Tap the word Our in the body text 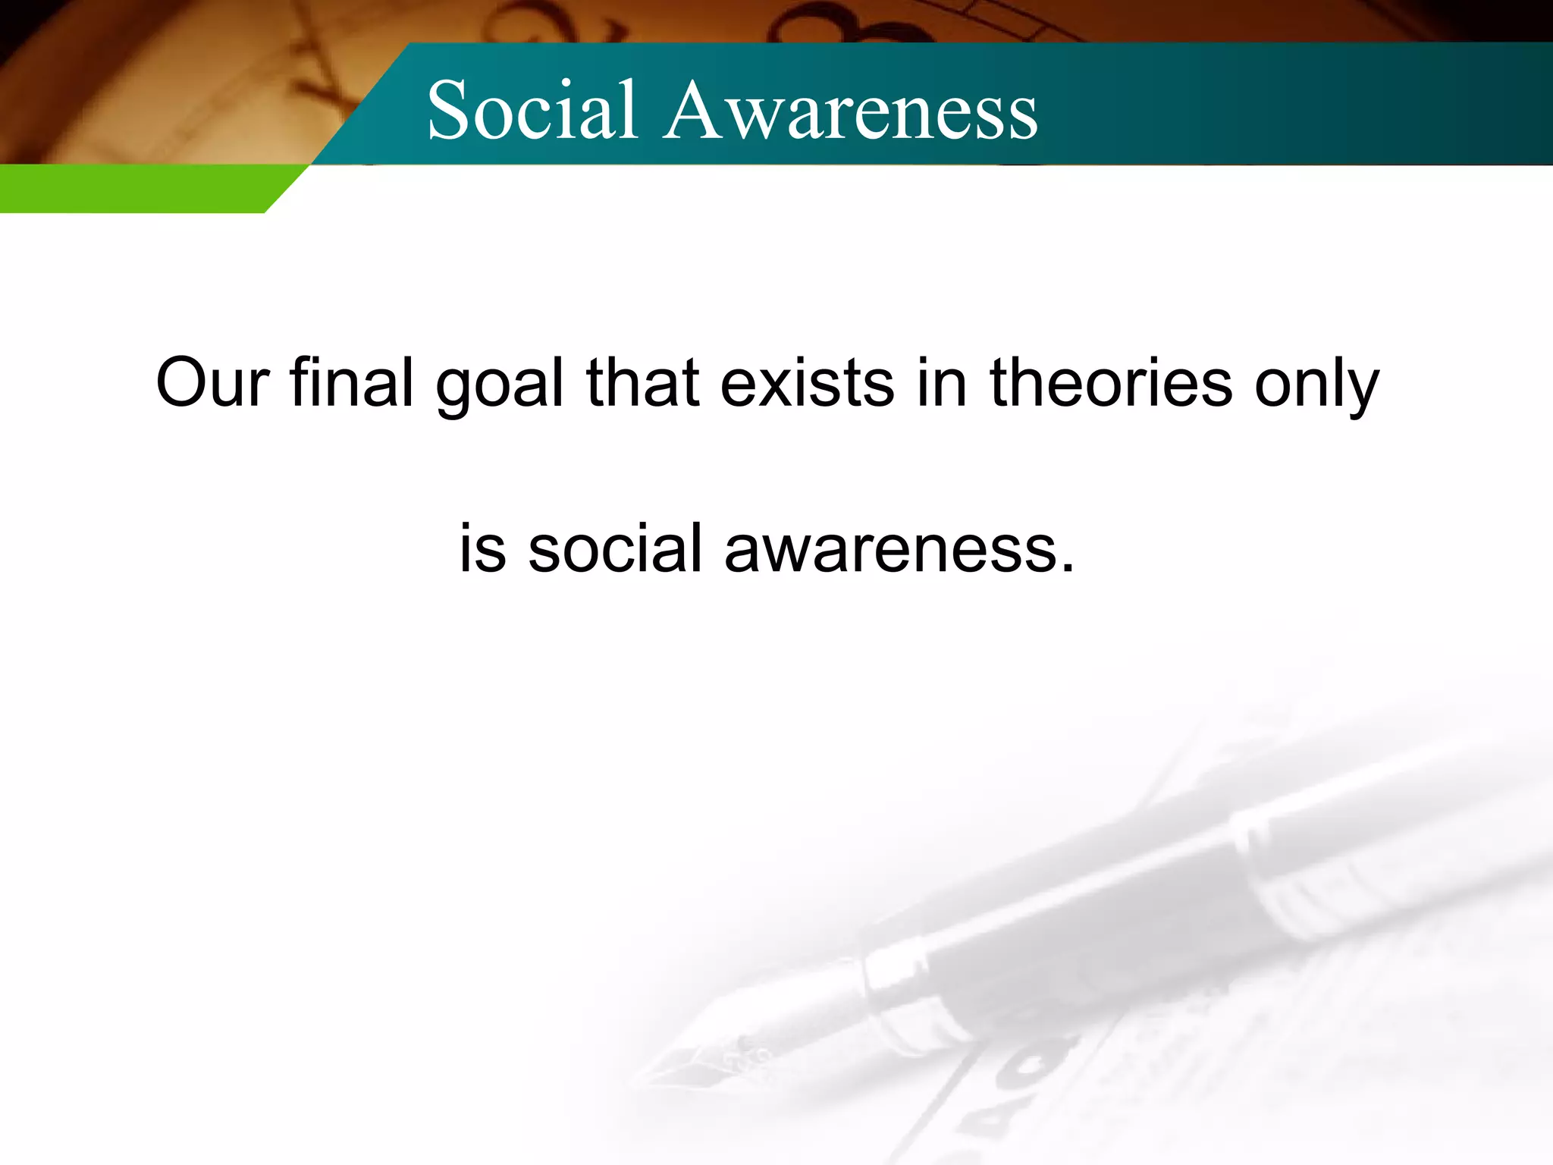tap(212, 382)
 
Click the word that tap(642, 382)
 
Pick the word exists tap(807, 382)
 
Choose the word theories tap(1111, 382)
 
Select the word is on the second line tap(482, 548)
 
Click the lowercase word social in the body tap(615, 548)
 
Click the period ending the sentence tap(1068, 567)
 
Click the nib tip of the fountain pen tap(645, 1077)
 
